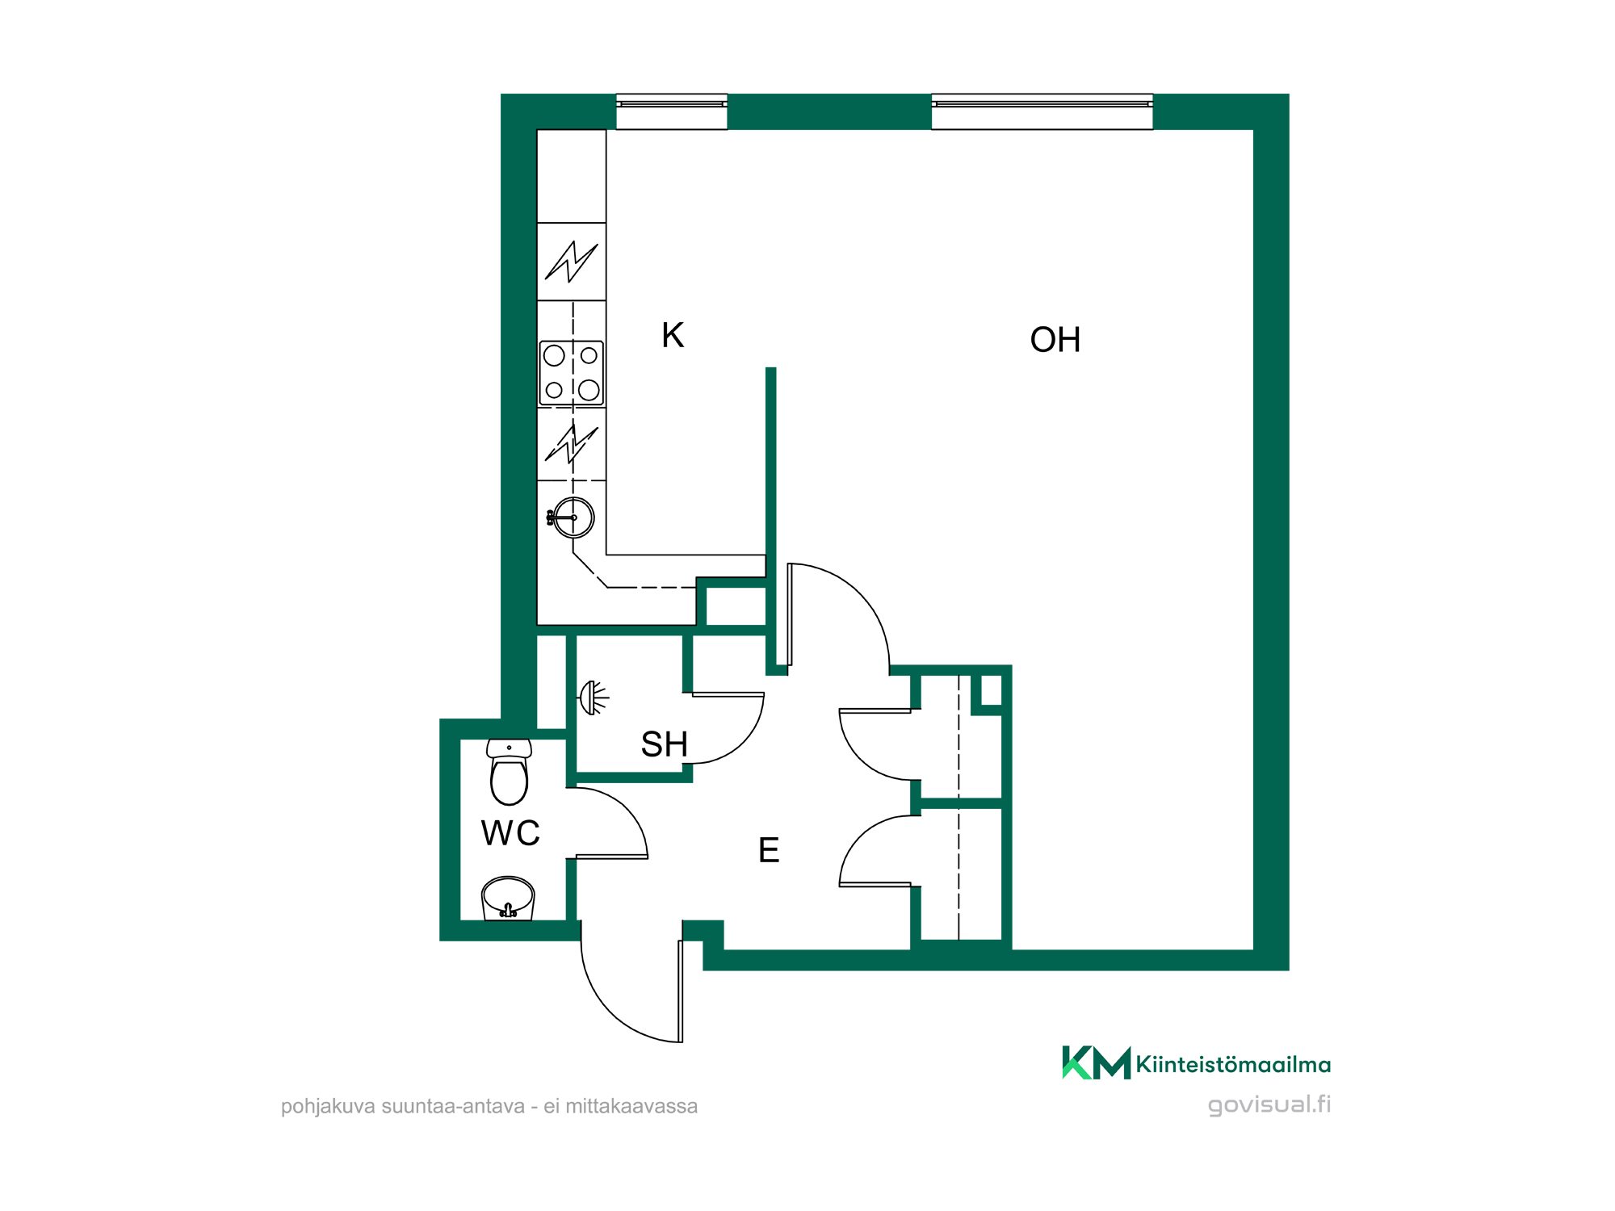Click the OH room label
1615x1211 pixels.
click(x=1055, y=340)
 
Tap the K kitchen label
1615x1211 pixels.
click(x=673, y=335)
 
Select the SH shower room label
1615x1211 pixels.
click(x=664, y=744)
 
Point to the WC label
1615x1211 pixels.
click(x=510, y=833)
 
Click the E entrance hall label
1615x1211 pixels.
click(x=769, y=850)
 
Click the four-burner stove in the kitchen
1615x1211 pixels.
click(x=572, y=373)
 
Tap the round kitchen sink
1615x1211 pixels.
click(x=573, y=518)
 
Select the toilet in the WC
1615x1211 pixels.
click(x=510, y=772)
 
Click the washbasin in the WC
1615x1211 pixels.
click(x=508, y=899)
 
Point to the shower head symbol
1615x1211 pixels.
click(x=593, y=698)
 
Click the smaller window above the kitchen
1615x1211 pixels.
click(x=672, y=111)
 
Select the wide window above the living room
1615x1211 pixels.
click(x=1042, y=111)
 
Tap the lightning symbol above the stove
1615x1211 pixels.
click(x=572, y=262)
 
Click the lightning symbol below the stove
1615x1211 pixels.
click(x=572, y=444)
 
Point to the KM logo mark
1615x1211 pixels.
click(x=1096, y=1062)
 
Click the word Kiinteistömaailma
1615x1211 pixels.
click(x=1233, y=1064)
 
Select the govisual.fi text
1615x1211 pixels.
click(x=1269, y=1104)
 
